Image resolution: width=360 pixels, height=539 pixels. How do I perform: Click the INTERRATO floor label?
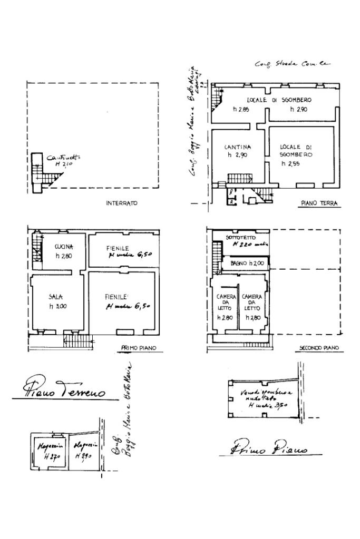point(121,203)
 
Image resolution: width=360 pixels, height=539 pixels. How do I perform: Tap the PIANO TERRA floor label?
point(319,203)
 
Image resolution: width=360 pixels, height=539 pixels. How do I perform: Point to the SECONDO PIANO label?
point(319,348)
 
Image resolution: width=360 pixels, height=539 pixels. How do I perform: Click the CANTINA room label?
point(237,147)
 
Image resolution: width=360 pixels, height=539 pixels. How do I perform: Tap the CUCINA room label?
point(64,247)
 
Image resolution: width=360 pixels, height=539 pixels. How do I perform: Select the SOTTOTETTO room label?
point(240,238)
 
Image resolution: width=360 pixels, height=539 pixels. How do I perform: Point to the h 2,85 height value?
point(241,109)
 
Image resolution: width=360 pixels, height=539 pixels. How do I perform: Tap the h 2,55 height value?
point(290,164)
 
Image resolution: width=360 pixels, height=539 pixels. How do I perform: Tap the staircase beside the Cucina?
point(36,248)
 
